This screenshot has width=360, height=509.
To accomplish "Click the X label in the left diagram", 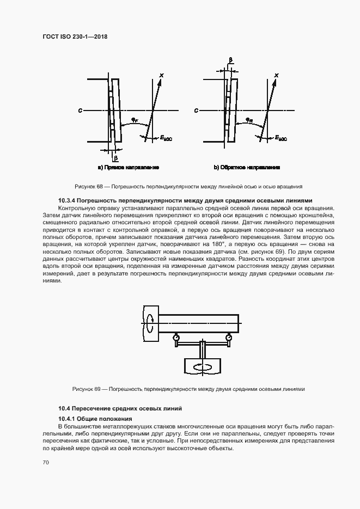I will tap(161, 76).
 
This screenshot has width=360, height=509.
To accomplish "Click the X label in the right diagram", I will tap(277, 76).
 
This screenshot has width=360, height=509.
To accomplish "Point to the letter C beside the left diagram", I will tap(80, 111).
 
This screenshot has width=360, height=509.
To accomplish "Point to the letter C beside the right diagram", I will tap(196, 111).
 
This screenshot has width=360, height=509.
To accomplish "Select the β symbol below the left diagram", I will tap(115, 158).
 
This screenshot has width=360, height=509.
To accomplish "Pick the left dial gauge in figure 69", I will tap(177, 338).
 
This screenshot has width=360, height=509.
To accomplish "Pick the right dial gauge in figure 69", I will tap(228, 338).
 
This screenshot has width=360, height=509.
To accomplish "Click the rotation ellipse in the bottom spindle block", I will tap(203, 366).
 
